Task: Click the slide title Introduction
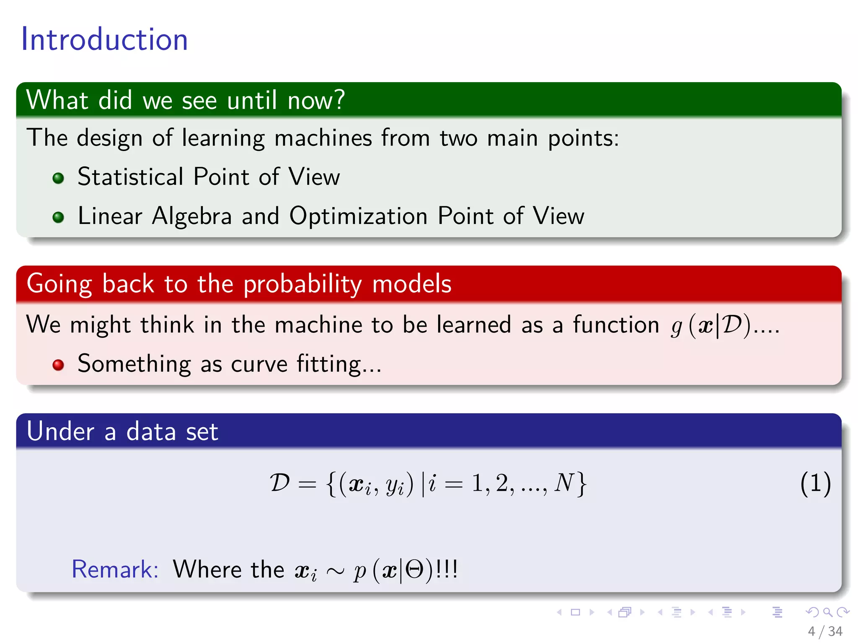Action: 104,39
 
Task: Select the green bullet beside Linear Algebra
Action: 58,217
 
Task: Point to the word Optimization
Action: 358,216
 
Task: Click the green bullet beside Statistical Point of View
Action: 58,178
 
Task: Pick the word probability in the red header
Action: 302,284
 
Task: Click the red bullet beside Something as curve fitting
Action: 58,365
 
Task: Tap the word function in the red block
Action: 616,325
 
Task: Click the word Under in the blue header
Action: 60,431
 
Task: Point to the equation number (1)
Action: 815,483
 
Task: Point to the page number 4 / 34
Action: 825,631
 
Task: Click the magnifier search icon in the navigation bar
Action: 827,612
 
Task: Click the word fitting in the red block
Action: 329,364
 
